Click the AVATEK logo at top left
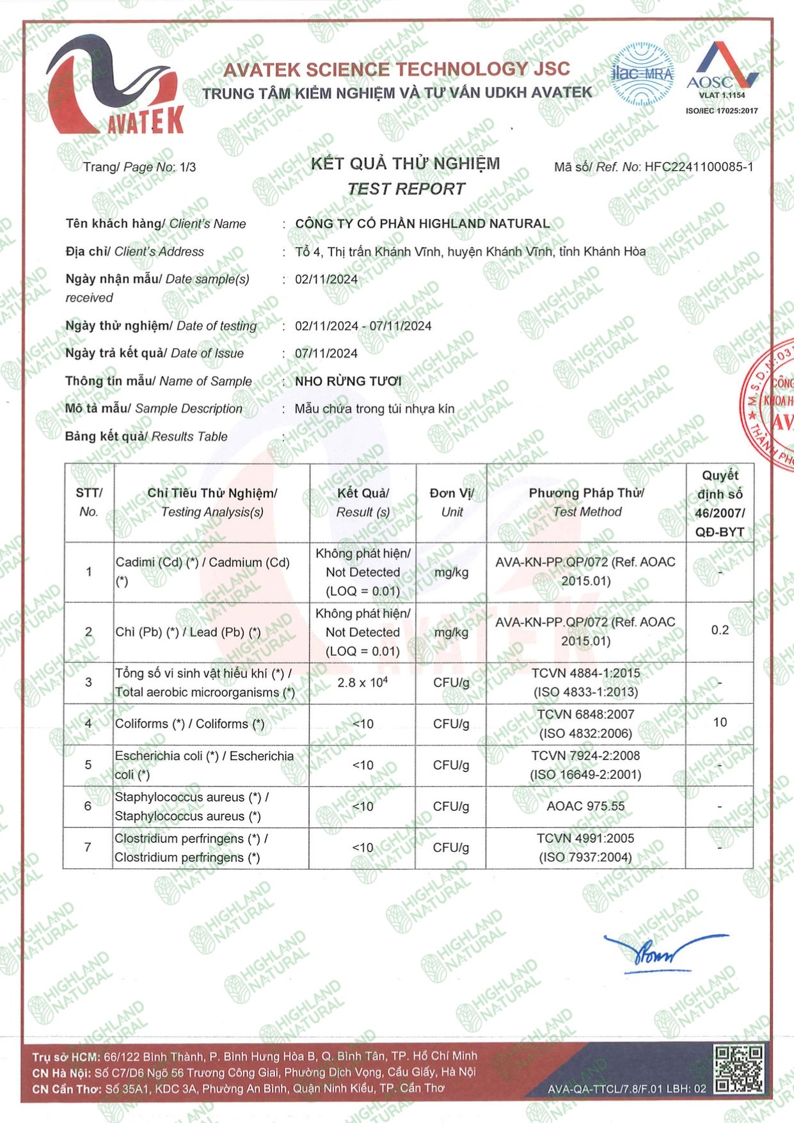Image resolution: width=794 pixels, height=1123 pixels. pyautogui.click(x=115, y=86)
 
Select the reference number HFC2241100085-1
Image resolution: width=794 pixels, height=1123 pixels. pyautogui.click(x=699, y=167)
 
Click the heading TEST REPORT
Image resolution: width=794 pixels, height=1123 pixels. pyautogui.click(x=406, y=189)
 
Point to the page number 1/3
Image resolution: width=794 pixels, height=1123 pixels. pyautogui.click(x=187, y=167)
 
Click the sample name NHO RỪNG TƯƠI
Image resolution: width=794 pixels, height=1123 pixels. pyautogui.click(x=348, y=381)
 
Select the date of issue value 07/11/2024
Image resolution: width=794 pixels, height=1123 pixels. pyautogui.click(x=326, y=353)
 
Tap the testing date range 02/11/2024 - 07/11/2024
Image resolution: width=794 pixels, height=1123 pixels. pyautogui.click(x=363, y=326)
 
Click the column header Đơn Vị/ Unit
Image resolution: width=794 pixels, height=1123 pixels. pyautogui.click(x=452, y=502)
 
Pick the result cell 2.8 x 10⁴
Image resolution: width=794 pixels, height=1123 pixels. pyautogui.click(x=363, y=683)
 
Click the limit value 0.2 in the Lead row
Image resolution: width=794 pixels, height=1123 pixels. pyautogui.click(x=720, y=630)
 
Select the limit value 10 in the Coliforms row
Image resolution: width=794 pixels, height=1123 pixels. pyautogui.click(x=720, y=722)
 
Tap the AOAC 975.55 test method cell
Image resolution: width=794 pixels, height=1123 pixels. pyautogui.click(x=585, y=806)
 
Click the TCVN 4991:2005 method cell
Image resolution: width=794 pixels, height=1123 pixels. pyautogui.click(x=585, y=847)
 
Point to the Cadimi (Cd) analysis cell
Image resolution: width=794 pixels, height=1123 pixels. pyautogui.click(x=203, y=571)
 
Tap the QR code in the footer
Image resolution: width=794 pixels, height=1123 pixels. pyautogui.click(x=739, y=1070)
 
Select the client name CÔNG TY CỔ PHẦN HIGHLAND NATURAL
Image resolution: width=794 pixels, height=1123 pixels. pyautogui.click(x=422, y=223)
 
